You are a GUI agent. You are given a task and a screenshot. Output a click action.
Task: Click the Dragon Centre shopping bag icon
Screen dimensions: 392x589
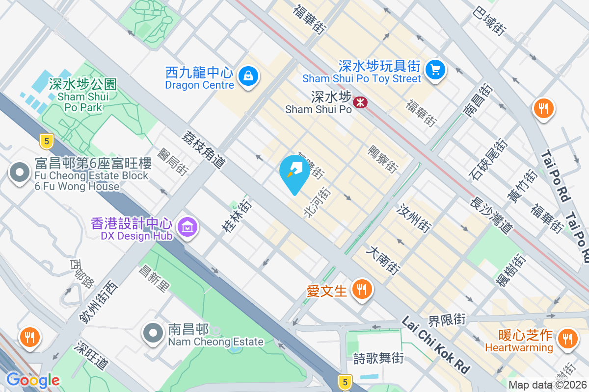point(248,76)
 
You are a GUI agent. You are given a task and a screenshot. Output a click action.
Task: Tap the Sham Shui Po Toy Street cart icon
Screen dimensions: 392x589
point(434,69)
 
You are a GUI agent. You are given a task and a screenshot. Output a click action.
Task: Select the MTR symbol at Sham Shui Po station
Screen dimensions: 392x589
point(361,102)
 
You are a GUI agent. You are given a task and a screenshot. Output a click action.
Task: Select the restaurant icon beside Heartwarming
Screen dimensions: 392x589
point(567,338)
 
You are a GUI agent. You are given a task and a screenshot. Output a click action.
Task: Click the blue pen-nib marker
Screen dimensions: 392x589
point(294,171)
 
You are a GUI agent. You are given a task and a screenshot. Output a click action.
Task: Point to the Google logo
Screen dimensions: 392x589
point(32,380)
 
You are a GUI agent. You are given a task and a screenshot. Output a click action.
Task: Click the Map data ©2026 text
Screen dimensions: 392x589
point(547,385)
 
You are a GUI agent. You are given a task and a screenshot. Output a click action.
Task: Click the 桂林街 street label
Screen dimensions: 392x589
point(237,215)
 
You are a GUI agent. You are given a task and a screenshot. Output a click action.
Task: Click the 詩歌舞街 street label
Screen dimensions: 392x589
point(378,358)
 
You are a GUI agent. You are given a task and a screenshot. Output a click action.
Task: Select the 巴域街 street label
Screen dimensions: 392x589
point(489,20)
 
